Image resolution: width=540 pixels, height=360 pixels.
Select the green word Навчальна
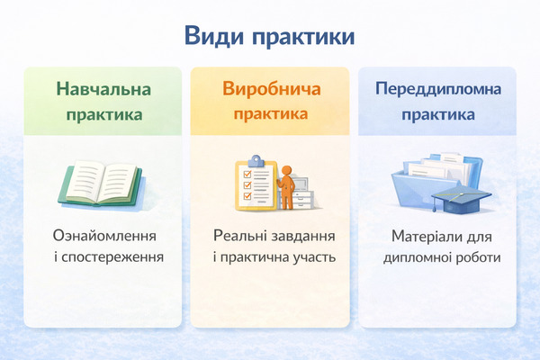(x=103, y=90)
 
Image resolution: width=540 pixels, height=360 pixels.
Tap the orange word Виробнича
(x=270, y=90)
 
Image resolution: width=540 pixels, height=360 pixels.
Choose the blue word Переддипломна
(x=437, y=90)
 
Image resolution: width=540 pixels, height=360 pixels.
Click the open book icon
(x=100, y=183)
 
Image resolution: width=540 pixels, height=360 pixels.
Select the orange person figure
(x=286, y=185)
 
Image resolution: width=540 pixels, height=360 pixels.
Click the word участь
(x=315, y=256)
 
